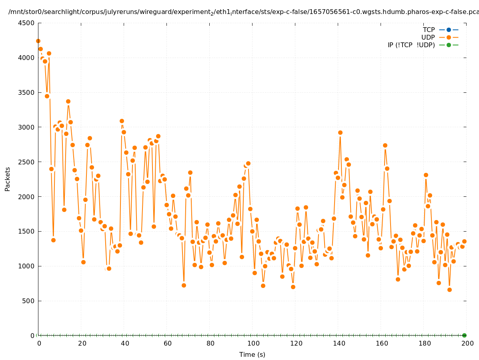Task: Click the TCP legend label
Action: (429, 30)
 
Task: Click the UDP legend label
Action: (428, 37)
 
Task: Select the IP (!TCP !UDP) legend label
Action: (411, 45)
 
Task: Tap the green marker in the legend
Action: (449, 45)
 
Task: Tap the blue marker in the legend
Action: (449, 30)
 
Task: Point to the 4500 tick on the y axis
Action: (26, 23)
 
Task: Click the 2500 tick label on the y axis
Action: (26, 162)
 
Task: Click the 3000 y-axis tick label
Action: (26, 127)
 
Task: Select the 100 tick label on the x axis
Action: (253, 343)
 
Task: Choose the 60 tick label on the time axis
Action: (167, 343)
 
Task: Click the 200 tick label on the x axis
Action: (467, 343)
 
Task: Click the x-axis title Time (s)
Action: (252, 354)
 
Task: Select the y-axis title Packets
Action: (8, 179)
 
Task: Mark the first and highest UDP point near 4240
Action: (38, 41)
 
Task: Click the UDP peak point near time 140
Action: (340, 132)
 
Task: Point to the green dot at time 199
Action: (464, 335)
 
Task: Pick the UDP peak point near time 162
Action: (385, 145)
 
